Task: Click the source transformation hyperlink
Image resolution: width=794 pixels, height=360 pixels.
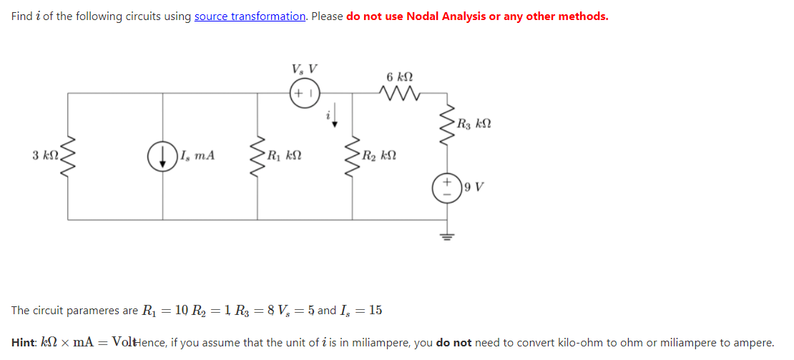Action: click(x=250, y=16)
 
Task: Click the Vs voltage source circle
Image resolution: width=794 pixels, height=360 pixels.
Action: click(x=304, y=94)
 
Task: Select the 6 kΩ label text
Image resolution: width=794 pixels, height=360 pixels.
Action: click(x=399, y=77)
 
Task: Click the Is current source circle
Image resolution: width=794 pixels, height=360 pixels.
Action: click(x=163, y=156)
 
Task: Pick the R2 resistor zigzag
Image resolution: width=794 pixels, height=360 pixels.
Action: click(x=353, y=155)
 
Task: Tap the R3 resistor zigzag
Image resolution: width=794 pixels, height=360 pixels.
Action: click(x=447, y=125)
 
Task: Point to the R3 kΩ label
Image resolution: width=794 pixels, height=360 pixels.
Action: click(x=473, y=125)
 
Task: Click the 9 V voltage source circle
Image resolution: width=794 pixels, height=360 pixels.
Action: click(x=447, y=188)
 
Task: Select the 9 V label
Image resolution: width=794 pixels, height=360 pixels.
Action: click(x=474, y=188)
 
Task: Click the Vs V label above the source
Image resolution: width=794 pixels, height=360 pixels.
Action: click(x=304, y=70)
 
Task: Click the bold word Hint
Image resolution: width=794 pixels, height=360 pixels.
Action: click(x=25, y=343)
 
